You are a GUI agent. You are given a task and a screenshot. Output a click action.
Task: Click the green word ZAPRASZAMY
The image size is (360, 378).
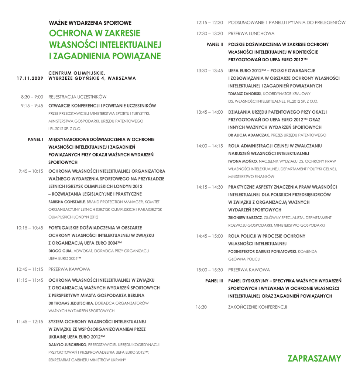(314, 358)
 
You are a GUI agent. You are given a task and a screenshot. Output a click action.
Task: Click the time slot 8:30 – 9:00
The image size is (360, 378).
(32, 97)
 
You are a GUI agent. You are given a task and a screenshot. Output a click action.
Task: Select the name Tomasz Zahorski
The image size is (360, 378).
(245, 93)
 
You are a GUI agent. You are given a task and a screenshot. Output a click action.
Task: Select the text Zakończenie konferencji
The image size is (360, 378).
(257, 306)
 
